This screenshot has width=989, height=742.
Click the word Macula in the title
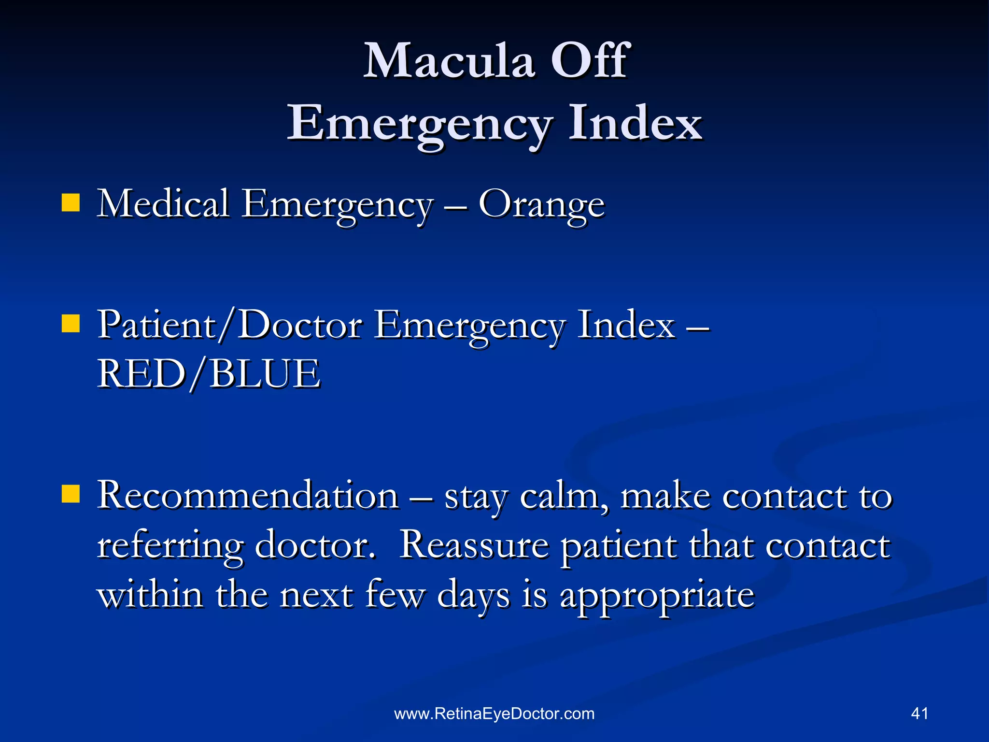(449, 61)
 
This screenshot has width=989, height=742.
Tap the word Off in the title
(590, 61)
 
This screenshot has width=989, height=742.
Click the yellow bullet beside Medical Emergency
(71, 203)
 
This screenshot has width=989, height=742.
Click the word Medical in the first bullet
(163, 203)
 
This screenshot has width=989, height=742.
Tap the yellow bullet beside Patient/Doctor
(71, 324)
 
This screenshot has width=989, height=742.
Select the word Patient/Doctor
(230, 325)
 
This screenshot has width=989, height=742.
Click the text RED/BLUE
(209, 374)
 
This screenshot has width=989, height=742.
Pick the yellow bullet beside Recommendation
(71, 494)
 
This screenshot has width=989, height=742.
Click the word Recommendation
(248, 496)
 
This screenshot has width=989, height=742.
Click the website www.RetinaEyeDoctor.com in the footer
(494, 713)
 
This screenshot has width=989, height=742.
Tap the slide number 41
(919, 713)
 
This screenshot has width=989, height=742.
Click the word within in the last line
(150, 595)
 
